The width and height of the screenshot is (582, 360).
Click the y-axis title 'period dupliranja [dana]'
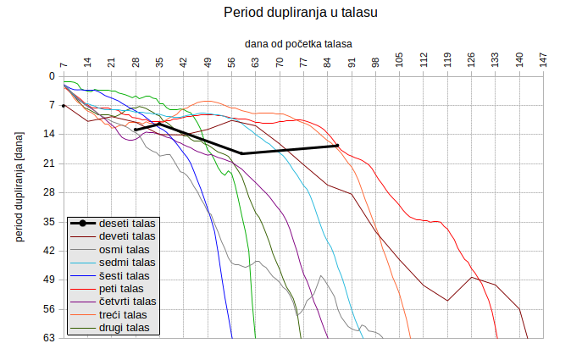[x=19, y=186]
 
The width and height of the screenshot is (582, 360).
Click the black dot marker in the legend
[x=82, y=224]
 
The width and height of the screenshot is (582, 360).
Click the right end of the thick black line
[x=338, y=146]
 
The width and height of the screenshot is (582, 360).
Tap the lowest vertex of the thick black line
[x=242, y=153]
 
